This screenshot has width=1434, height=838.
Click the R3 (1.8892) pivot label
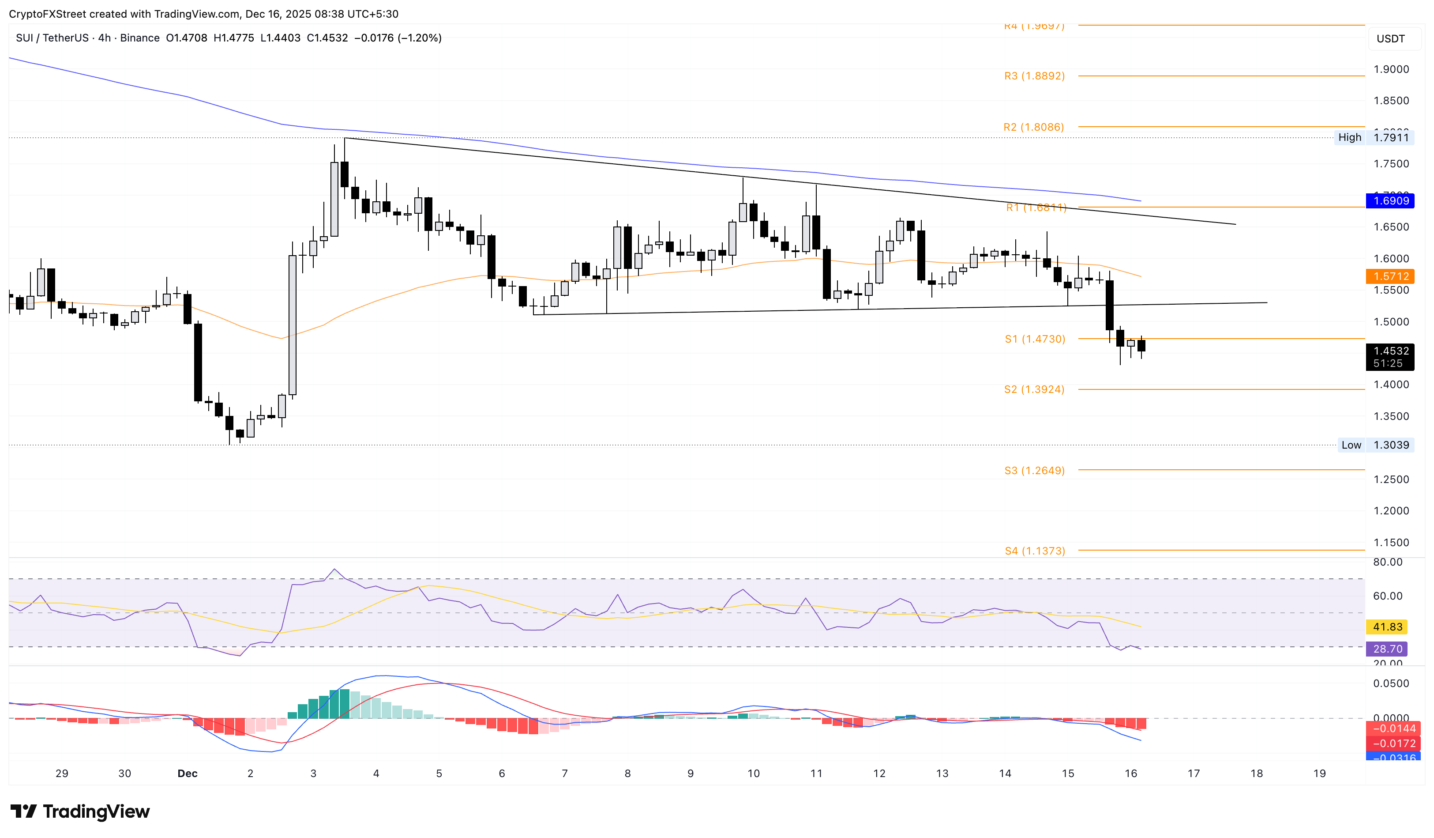click(x=1034, y=75)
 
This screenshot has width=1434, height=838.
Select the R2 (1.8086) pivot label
click(x=1033, y=127)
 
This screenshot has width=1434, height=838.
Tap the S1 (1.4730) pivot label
click(x=1035, y=339)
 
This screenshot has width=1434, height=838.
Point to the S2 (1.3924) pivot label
click(x=1034, y=389)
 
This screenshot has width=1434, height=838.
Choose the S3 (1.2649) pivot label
click(x=1034, y=471)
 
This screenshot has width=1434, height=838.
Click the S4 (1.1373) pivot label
click(x=1035, y=551)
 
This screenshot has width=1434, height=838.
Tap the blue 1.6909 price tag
click(x=1391, y=200)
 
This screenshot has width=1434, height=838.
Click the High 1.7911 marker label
click(x=1373, y=137)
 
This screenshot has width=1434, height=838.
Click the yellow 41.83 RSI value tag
click(x=1387, y=627)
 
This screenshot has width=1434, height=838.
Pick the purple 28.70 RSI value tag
click(x=1387, y=649)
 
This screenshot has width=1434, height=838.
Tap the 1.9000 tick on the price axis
click(x=1391, y=69)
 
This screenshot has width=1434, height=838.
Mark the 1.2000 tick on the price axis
click(x=1391, y=511)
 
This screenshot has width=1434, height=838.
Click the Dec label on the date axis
click(x=187, y=774)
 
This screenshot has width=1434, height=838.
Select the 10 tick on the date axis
click(x=754, y=774)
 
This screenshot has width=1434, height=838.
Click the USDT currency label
click(x=1390, y=39)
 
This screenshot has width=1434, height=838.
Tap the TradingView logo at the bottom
click(x=80, y=811)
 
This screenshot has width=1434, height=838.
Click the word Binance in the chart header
click(x=139, y=38)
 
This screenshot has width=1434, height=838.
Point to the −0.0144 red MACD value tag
click(x=1393, y=729)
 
